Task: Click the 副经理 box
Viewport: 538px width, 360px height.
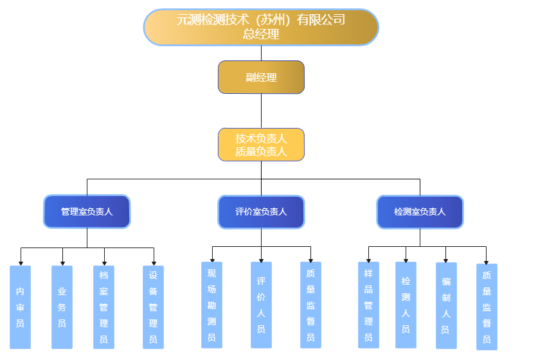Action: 261,77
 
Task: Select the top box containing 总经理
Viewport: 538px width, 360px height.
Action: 261,27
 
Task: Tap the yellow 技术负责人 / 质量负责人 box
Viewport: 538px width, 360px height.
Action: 261,145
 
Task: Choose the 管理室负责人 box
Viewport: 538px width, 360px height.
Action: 87,212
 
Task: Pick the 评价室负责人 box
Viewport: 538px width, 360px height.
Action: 261,212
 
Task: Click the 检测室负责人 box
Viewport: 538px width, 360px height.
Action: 420,212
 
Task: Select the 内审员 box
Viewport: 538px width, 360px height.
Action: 21,307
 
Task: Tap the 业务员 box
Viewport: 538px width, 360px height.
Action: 62,307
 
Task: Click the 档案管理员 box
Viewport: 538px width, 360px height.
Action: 103,307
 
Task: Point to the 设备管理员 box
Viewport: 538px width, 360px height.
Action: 153,307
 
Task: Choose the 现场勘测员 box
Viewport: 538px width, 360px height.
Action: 211,305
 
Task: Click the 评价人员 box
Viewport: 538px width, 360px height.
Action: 261,305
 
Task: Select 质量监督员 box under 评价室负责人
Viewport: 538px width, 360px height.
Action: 310,305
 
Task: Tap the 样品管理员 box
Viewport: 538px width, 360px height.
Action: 368,305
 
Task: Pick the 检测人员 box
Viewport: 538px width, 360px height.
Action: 406,305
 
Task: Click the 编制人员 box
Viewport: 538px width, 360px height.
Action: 446,305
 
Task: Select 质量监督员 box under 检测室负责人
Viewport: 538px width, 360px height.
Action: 487,307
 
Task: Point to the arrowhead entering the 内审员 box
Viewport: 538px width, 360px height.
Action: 21,263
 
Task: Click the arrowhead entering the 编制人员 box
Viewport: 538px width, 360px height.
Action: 446,260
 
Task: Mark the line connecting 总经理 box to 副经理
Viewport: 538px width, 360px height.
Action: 261,53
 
